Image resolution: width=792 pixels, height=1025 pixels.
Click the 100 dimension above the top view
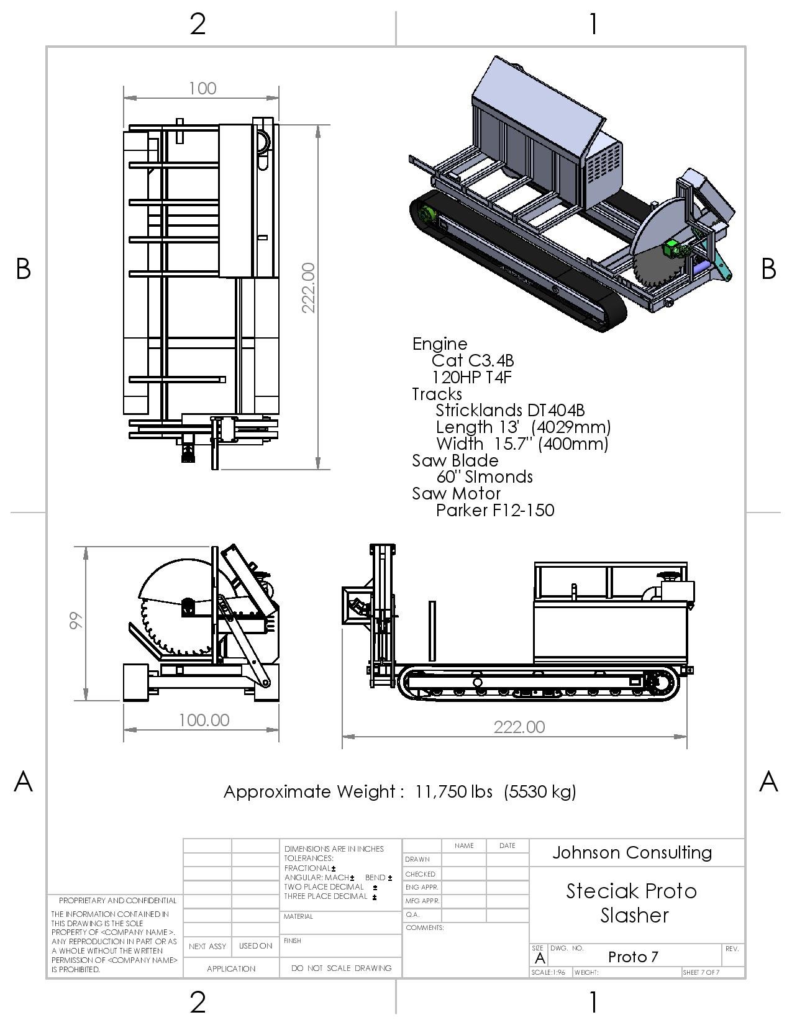pos(203,88)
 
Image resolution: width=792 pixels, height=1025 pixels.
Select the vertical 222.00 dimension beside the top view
pos(309,288)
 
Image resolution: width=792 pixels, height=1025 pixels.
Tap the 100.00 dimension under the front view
pos(204,720)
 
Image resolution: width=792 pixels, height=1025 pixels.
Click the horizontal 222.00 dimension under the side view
pos(519,727)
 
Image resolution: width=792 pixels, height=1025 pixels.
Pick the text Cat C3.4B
pos(473,361)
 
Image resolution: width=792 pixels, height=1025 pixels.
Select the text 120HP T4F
pos(472,378)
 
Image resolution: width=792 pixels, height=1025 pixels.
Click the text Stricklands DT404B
pos(510,411)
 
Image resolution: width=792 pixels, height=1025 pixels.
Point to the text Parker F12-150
pos(495,511)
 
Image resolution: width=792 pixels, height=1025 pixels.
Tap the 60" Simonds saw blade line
pos(485,477)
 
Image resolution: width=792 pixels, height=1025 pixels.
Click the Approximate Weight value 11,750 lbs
pos(454,792)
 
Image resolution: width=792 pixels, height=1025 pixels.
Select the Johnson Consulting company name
pos(632,853)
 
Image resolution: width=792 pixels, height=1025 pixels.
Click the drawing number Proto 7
pos(633,957)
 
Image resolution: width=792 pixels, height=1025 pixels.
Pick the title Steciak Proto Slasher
pos(632,903)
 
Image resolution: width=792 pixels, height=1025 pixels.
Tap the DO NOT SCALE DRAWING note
pos(341,968)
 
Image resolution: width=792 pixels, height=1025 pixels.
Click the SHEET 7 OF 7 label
pos(701,972)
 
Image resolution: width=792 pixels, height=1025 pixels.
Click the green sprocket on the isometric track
pos(426,215)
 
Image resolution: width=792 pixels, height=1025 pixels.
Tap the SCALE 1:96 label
pos(548,972)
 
